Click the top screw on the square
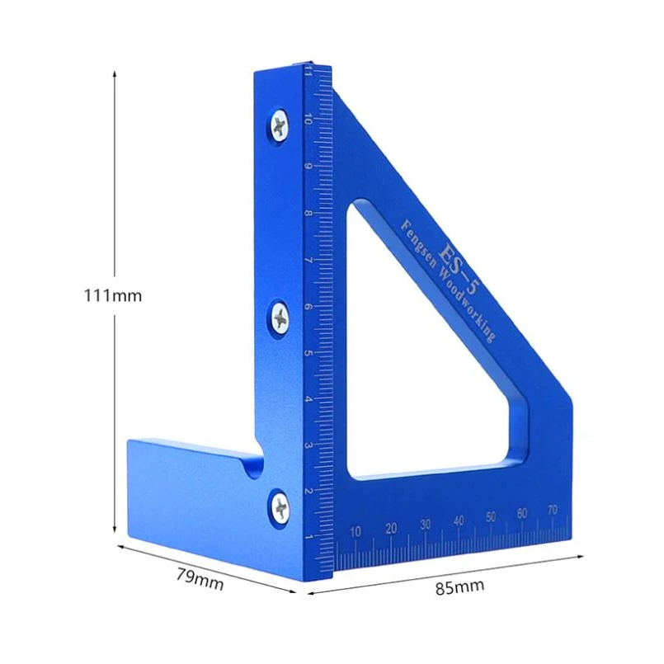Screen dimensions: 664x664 pos(279,126)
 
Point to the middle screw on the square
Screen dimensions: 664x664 pos(279,317)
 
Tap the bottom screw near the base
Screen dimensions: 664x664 pos(280,506)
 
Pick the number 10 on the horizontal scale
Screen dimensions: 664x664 pos(356,531)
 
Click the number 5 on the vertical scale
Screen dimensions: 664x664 pos(308,354)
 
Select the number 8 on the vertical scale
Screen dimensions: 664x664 pos(308,214)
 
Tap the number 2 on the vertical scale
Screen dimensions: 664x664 pos(308,492)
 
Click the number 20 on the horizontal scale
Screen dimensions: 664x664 pos(391,528)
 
